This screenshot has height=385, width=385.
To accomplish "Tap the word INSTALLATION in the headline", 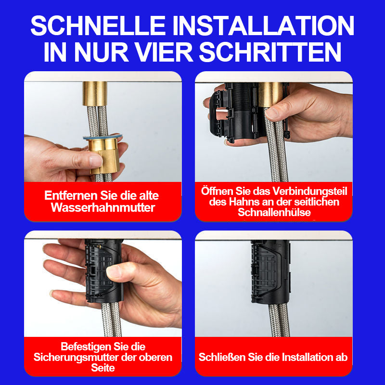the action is coord(263,26).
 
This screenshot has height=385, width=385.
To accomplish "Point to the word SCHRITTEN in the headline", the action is coord(270,52).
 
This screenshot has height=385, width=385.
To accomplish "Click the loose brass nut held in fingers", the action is coord(104,154).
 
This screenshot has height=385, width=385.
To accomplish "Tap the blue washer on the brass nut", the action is coord(103,137).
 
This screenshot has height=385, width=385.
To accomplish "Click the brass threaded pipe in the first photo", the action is coord(95,94).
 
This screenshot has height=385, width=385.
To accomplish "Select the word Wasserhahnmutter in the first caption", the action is coord(103,207).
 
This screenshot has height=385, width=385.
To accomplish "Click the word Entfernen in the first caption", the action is coord(71,195).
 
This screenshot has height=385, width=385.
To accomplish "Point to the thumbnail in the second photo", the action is coord(271,113).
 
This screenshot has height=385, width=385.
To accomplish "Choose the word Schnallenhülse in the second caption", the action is coord(274,212).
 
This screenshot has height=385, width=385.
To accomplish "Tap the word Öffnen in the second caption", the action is coord(217,191).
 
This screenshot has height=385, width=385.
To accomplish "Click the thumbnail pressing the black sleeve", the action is coord(114,271).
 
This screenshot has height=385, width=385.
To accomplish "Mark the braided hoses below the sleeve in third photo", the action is coord(111,319).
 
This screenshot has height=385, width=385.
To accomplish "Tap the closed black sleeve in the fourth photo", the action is coord(271,271).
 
